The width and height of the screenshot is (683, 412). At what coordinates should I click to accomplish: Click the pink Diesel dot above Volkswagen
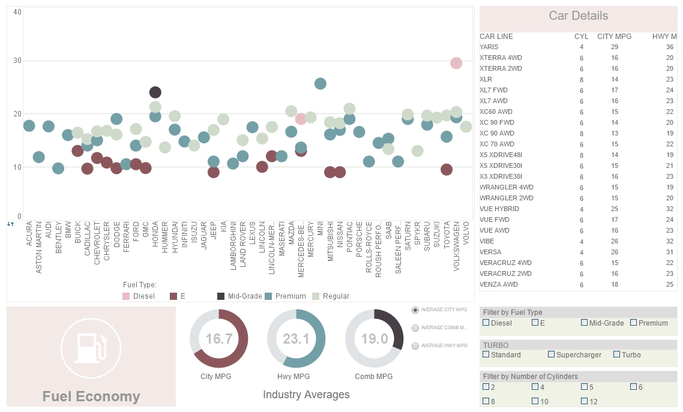point(456,63)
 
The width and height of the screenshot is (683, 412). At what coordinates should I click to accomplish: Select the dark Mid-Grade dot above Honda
point(155,92)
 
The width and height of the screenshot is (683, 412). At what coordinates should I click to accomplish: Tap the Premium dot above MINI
point(320,83)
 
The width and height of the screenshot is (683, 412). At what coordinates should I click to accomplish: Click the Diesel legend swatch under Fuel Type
point(126,296)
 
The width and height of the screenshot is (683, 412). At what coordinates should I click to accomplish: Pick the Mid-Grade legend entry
point(221,296)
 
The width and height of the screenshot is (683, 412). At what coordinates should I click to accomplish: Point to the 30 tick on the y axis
point(17,61)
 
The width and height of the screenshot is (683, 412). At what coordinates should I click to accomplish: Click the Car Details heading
point(578,16)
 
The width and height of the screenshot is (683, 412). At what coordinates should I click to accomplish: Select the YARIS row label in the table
point(489,47)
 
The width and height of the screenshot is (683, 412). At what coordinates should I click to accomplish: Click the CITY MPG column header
point(614,37)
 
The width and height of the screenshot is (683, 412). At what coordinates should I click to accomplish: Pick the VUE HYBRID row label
point(499,209)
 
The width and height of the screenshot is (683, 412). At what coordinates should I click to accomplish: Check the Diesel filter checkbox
point(486,323)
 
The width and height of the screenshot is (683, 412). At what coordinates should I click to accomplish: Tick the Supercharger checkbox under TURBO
point(552,354)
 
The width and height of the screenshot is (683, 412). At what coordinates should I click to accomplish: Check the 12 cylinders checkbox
point(585,401)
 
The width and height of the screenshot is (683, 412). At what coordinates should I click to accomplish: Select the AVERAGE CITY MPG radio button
point(415,310)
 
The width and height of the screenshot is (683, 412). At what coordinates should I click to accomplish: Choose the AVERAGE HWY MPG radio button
point(415,346)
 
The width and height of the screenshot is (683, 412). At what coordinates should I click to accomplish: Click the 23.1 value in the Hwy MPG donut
point(296,339)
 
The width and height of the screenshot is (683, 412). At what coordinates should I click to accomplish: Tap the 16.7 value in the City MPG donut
point(218,339)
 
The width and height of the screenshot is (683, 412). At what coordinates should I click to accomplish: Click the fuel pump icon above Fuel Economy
point(91,347)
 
